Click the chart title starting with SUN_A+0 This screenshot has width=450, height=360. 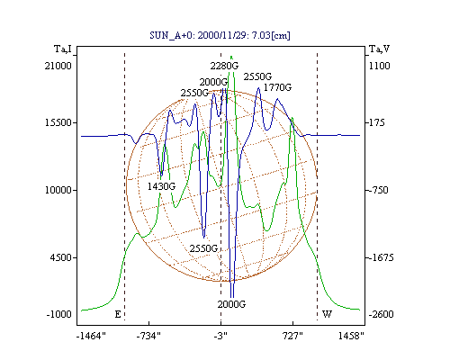point(220,35)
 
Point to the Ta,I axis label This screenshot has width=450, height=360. point(63,49)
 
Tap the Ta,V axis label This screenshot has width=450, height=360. point(379,49)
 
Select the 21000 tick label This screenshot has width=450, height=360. point(58,66)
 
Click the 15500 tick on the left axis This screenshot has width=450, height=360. point(58,122)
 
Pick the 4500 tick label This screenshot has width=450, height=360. point(61,257)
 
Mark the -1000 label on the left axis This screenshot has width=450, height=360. point(59,314)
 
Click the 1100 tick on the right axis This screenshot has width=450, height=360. point(380,66)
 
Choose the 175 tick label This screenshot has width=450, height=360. point(376,122)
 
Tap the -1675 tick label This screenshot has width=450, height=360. point(380,257)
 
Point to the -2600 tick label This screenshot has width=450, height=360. point(381,314)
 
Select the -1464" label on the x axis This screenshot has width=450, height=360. point(91,336)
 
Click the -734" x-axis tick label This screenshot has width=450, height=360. point(148,336)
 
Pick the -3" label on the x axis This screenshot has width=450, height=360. point(220,336)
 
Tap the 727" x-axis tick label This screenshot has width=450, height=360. point(292,336)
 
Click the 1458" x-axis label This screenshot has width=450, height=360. point(351,336)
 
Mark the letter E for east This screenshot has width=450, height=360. point(118,314)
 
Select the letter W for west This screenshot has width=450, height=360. point(327,314)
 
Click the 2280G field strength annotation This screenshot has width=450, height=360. point(224,66)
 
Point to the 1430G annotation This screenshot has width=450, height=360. point(161,186)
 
